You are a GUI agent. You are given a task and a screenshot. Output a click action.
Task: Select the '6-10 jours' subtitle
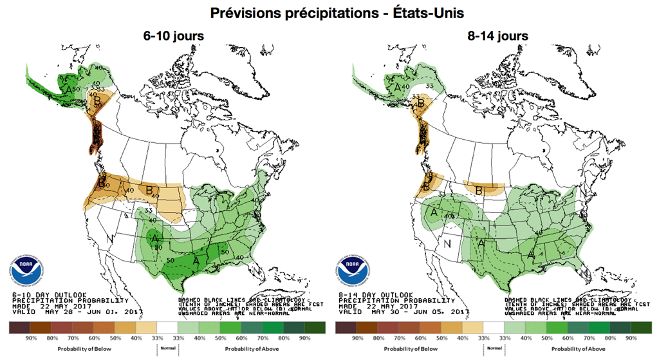coord(174,36)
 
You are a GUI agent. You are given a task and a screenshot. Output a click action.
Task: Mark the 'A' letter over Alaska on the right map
coord(398,87)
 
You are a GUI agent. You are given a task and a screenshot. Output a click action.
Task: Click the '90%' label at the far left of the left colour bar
coord(30,339)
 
